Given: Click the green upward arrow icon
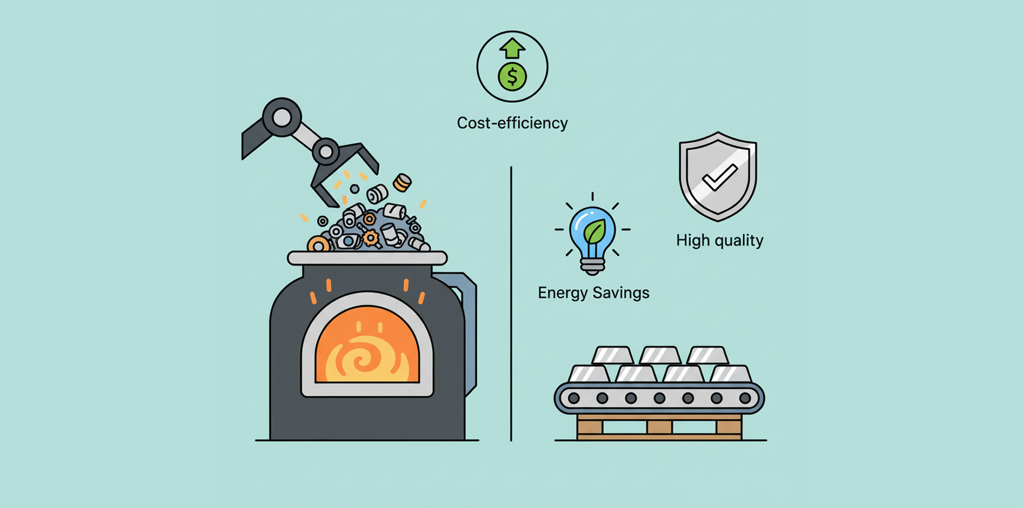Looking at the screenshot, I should (512, 48).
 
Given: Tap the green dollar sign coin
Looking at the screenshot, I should (512, 77).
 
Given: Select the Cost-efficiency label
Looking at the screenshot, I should (512, 123).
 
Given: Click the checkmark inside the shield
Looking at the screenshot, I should (719, 177).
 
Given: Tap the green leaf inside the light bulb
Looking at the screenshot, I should (594, 232).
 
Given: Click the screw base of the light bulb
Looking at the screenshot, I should (592, 266).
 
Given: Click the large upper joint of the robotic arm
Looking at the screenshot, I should (282, 117).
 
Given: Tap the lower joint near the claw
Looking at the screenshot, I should (326, 152).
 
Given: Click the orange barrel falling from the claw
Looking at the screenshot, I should (402, 183).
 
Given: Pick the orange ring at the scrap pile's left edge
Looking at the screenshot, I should (319, 245).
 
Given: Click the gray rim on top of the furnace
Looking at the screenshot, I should (367, 259).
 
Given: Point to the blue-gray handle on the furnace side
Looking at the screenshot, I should (469, 330).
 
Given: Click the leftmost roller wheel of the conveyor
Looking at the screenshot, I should (574, 398).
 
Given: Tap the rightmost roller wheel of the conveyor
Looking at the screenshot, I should (745, 398).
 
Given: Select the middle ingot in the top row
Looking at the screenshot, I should (660, 355).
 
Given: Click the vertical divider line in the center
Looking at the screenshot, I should (511, 304).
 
